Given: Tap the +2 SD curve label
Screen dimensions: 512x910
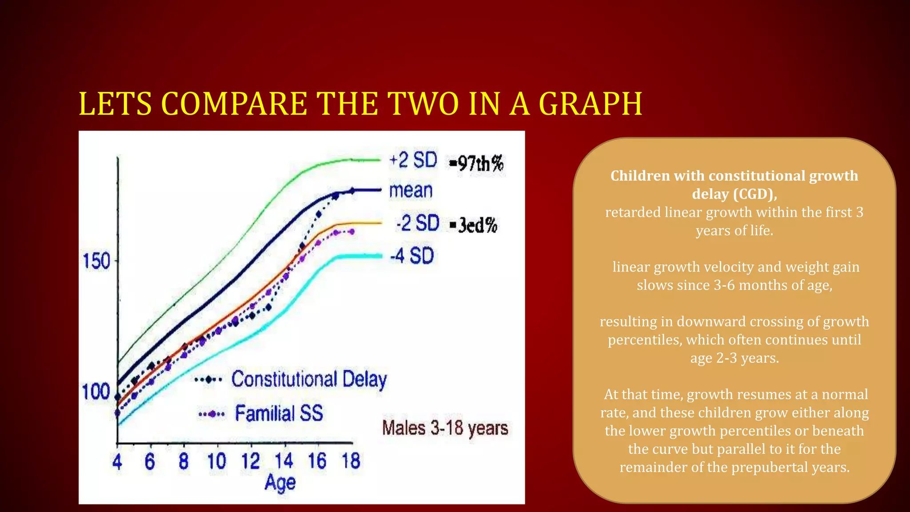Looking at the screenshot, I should [413, 160].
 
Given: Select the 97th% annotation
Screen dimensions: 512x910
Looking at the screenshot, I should [476, 164].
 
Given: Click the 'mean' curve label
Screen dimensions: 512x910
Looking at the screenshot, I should [411, 191].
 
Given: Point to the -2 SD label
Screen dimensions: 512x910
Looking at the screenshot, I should [417, 223].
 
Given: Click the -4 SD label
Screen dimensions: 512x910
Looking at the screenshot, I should [411, 256].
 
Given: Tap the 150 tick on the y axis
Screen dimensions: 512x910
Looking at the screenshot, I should [96, 261].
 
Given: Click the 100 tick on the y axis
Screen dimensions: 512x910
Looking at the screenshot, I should [96, 392].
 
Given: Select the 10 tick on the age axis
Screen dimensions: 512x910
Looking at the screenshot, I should [217, 461].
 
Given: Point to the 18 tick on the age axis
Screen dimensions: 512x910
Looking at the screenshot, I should [351, 461].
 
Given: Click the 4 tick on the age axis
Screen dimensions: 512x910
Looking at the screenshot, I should [117, 462].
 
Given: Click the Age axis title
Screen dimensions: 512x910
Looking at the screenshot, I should [280, 483].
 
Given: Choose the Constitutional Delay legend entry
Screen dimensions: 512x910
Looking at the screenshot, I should [309, 380].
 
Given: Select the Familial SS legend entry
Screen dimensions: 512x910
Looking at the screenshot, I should [279, 413].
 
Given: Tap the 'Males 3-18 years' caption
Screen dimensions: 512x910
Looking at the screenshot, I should [445, 428].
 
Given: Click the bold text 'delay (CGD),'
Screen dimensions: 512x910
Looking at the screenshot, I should [734, 194].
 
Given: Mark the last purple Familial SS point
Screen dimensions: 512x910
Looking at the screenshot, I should [351, 232].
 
